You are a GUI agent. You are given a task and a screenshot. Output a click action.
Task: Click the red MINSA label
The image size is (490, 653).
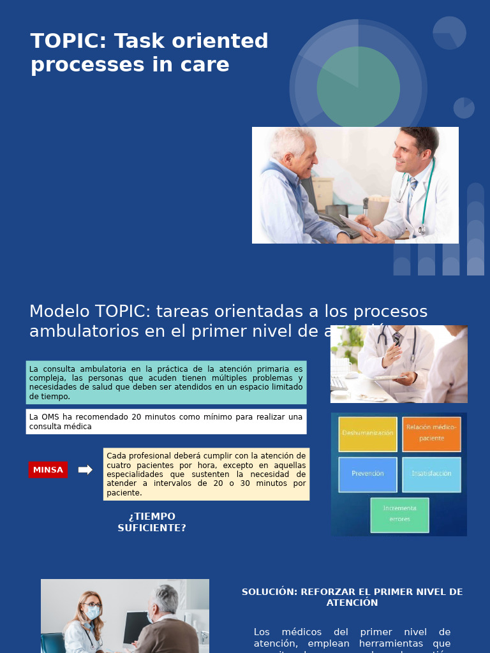[x=48, y=470]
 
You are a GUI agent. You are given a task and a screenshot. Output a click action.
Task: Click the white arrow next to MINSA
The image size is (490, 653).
[x=85, y=470]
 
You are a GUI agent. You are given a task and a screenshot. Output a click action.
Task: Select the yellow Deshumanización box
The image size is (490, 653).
[x=367, y=434]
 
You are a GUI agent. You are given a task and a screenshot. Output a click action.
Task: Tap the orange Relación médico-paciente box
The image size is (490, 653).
[x=431, y=434]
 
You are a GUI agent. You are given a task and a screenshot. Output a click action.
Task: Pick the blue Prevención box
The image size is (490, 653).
[x=367, y=474]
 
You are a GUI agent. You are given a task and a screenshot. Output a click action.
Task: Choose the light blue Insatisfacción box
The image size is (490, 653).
[x=431, y=474]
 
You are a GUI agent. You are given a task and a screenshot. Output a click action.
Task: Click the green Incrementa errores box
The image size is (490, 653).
[x=399, y=514]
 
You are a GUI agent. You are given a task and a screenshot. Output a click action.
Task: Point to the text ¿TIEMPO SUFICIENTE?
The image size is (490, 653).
[x=152, y=522]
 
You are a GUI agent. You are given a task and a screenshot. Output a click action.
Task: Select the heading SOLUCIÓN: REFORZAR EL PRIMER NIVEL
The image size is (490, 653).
[x=352, y=597]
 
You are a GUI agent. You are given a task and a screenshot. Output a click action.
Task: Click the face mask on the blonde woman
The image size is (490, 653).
[x=93, y=613]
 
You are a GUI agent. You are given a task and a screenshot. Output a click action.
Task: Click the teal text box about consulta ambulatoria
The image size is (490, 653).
[x=166, y=383]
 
